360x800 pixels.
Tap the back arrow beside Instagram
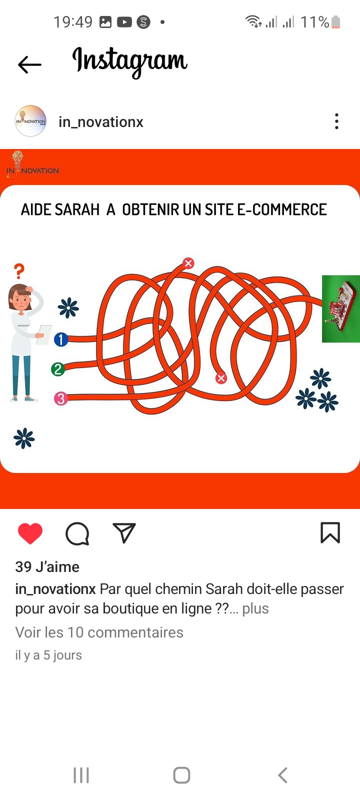click(x=29, y=64)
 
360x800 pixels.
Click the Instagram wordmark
click(x=129, y=62)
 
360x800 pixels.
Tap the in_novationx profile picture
click(x=30, y=121)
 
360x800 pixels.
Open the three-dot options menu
click(x=336, y=121)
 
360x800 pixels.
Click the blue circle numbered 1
click(x=61, y=339)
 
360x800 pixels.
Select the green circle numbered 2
click(x=58, y=369)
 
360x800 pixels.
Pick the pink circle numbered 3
click(x=60, y=398)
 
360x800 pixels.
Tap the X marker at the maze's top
click(x=188, y=263)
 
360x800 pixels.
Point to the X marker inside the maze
click(x=221, y=378)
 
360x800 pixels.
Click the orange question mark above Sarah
click(x=19, y=271)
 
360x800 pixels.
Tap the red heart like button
click(x=30, y=533)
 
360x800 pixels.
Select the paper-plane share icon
click(x=124, y=533)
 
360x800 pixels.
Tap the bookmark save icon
click(x=330, y=533)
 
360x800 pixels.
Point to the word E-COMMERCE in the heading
click(x=282, y=209)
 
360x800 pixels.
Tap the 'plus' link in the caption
click(x=255, y=608)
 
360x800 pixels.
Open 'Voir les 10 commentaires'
click(x=99, y=632)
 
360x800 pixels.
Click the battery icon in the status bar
click(x=335, y=22)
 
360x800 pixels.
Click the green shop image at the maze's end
click(x=341, y=308)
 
